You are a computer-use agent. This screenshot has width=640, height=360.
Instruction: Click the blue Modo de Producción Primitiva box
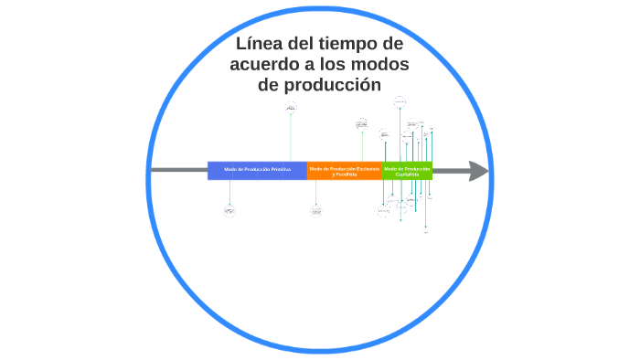[257, 170]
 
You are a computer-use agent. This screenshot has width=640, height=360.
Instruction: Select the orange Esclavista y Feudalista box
[345, 170]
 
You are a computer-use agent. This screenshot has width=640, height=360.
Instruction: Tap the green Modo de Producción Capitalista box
[407, 170]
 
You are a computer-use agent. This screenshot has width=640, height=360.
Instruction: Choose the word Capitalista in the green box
[407, 174]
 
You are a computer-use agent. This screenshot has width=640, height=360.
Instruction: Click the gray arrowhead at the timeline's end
[478, 170]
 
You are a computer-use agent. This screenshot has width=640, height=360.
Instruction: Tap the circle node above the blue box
[291, 109]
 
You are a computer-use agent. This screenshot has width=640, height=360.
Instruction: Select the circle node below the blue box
[229, 211]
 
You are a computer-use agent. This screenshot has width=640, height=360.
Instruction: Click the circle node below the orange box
[316, 211]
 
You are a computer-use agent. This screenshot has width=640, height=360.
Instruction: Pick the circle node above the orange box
[362, 123]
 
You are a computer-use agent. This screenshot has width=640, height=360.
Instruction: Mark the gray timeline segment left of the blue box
[178, 170]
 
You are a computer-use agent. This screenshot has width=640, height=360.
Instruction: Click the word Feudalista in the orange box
[345, 174]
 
